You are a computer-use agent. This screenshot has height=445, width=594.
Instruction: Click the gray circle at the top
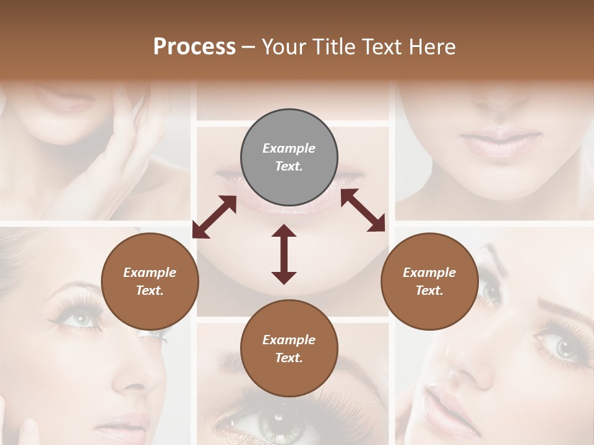coord(289,158)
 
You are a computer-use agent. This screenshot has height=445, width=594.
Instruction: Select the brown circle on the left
coord(150,282)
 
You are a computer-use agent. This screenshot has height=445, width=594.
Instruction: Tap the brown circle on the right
coord(429,282)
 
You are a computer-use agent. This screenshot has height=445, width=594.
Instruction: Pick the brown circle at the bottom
coord(289,349)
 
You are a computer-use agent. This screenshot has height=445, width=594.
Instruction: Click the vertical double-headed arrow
coord(284,254)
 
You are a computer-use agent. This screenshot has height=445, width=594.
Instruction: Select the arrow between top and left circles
coord(214,217)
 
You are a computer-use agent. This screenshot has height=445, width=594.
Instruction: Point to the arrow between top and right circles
coord(363,210)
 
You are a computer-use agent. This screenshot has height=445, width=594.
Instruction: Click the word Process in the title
coord(194,47)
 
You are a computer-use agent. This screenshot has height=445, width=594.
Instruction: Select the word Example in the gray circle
coord(289,148)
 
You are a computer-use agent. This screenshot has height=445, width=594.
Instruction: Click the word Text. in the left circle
coord(150,290)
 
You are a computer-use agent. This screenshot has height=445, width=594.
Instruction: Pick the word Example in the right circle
coord(429,273)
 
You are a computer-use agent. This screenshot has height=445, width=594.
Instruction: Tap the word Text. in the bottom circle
coord(289,358)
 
